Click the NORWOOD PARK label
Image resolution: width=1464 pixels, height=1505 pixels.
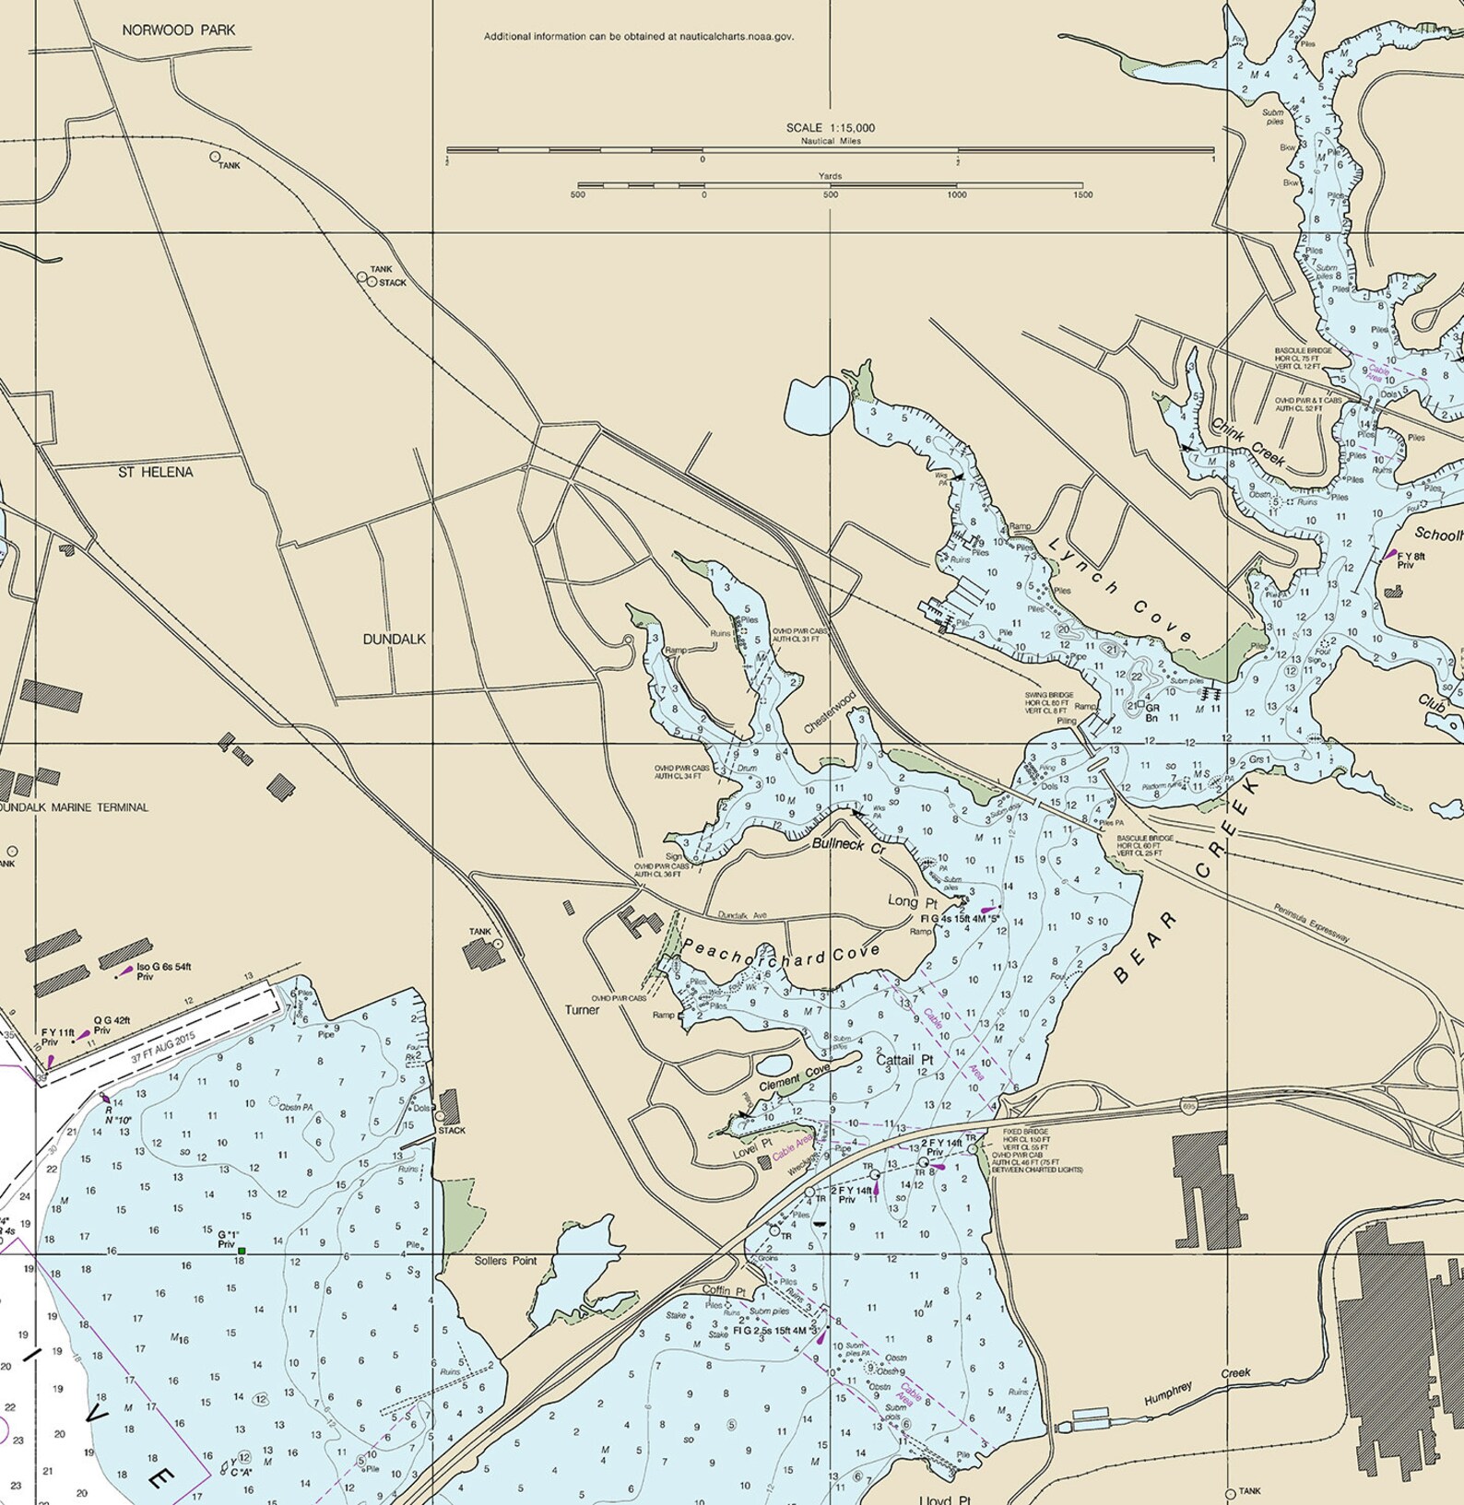pyautogui.click(x=178, y=30)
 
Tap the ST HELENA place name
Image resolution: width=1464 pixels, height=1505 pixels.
pyautogui.click(x=156, y=472)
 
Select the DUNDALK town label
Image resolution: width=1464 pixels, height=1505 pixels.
pyautogui.click(x=394, y=639)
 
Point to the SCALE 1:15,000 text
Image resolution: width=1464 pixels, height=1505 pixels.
pyautogui.click(x=830, y=128)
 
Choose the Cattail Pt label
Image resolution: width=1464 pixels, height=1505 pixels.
pyautogui.click(x=904, y=1060)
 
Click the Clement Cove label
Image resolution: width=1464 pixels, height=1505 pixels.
pyautogui.click(x=794, y=1079)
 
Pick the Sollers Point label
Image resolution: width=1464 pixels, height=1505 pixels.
pyautogui.click(x=505, y=1261)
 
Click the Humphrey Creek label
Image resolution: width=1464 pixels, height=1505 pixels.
pyautogui.click(x=1197, y=1385)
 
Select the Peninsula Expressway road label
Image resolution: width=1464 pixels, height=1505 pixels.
pyautogui.click(x=1311, y=923)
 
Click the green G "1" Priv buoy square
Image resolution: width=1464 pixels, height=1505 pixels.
pyautogui.click(x=242, y=1251)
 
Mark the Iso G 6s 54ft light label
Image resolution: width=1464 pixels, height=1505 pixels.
pyautogui.click(x=163, y=967)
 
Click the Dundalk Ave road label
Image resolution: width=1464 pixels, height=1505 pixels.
pyautogui.click(x=742, y=915)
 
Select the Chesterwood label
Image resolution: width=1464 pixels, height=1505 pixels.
pyautogui.click(x=830, y=712)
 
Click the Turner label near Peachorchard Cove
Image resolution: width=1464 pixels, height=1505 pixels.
pyautogui.click(x=582, y=1010)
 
